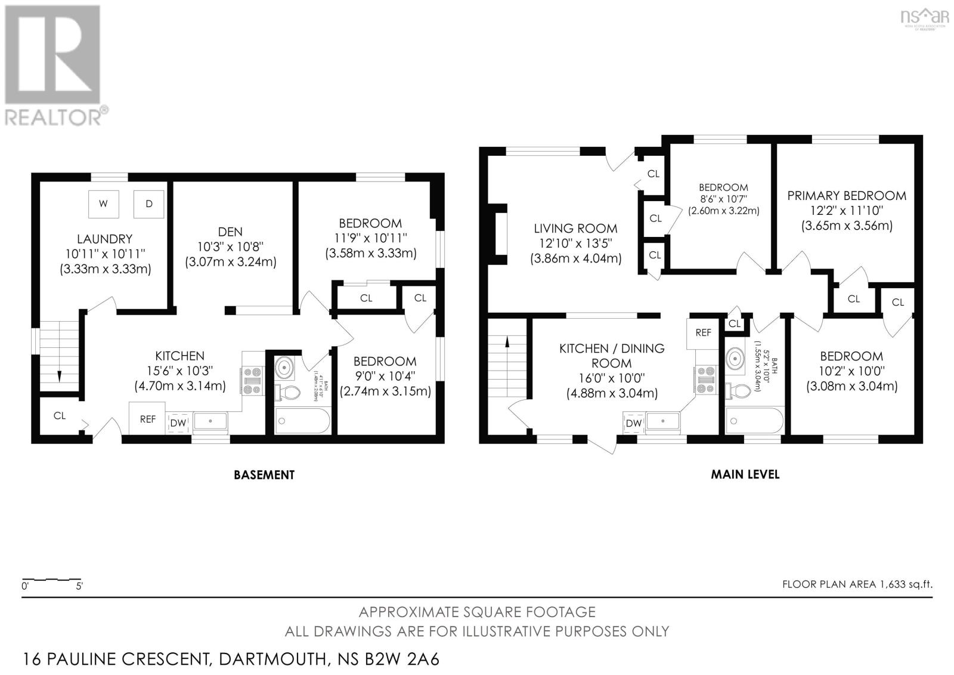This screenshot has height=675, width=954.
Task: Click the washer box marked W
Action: point(103,204)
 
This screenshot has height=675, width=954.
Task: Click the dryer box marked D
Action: point(149,204)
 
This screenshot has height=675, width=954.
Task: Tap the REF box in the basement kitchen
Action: point(148,419)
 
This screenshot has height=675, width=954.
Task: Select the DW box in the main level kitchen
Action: point(633,423)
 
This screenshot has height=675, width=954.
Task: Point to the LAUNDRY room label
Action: point(104,239)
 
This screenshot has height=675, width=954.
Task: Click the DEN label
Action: point(230,232)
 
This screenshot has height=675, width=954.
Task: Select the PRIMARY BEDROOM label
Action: point(847,196)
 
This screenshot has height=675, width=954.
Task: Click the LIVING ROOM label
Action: point(575,228)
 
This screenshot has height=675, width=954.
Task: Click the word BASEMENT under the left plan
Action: point(264,475)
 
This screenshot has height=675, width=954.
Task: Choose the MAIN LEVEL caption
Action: point(745,474)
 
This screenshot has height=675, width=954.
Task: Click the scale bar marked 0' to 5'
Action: point(51,580)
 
